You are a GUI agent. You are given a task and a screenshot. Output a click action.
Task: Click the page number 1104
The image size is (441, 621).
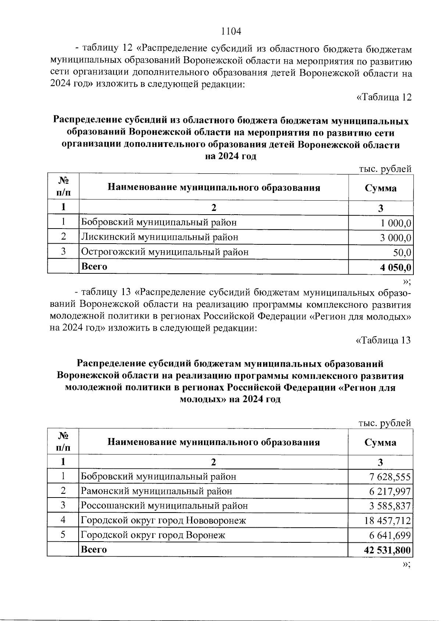point(231,32)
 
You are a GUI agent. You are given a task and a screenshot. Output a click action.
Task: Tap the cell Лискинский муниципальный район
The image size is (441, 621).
point(159,237)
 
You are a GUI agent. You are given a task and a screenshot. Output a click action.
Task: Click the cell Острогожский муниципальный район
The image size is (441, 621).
point(165,252)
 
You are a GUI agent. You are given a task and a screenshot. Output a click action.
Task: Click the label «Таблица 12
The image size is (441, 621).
point(384,97)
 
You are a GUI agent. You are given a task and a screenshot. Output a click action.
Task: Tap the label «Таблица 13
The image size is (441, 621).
point(383,341)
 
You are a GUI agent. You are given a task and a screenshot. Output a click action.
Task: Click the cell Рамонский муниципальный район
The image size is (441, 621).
point(157,491)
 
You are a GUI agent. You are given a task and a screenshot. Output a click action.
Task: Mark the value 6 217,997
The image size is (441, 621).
point(390,492)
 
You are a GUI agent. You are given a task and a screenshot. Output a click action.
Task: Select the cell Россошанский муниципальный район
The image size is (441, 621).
point(164,506)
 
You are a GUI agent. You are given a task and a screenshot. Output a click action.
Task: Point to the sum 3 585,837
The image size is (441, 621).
point(390,506)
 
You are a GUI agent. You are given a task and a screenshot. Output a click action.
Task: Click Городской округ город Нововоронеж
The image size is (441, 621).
point(163,521)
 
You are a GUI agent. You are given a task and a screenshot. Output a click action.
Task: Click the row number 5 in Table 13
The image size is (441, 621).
point(63,535)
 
